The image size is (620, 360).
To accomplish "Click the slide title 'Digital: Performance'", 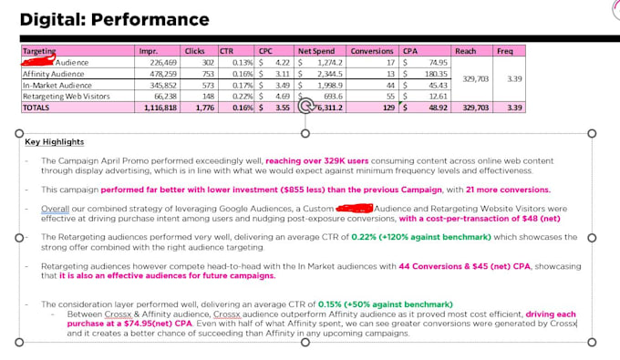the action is click(114, 19).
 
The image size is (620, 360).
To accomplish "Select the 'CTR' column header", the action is click(229, 51).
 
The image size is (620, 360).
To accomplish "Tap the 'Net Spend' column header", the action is click(317, 51).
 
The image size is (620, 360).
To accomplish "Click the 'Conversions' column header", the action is click(371, 51).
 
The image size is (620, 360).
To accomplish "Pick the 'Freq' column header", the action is click(504, 51).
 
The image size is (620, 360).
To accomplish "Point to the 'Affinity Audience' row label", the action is click(55, 73).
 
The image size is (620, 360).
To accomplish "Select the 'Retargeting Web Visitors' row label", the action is click(68, 95).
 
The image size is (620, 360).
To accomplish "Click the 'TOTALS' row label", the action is click(36, 107).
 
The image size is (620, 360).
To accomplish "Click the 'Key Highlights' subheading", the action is click(54, 142).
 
